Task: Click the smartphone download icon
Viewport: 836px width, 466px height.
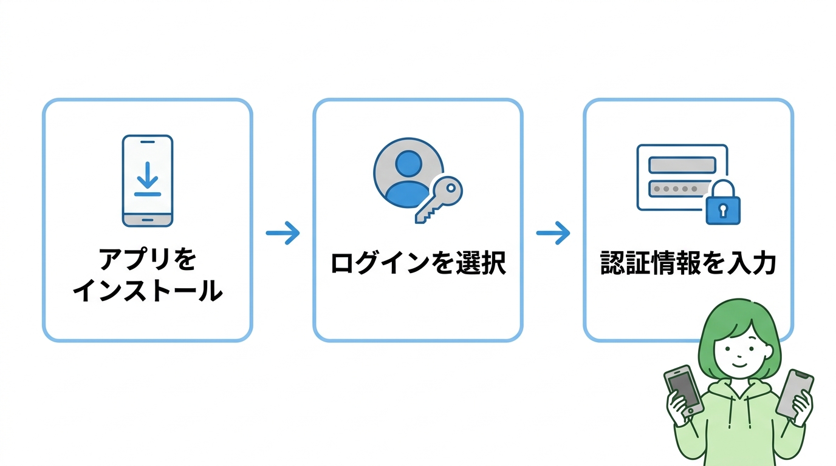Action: pos(147,181)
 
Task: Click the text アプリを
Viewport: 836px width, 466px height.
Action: pos(147,260)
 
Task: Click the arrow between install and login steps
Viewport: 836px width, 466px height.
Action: pos(283,233)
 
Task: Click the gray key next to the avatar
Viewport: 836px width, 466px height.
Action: pos(439,200)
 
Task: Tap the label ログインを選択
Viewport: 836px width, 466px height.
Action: pos(418,264)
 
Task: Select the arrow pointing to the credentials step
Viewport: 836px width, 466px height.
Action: pos(553,233)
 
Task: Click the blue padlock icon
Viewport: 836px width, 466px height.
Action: pos(722,205)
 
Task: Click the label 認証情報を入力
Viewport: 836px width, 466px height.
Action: pos(688,264)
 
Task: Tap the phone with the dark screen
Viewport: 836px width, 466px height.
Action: pos(684,390)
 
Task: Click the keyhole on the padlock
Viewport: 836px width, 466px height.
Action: pos(722,211)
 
